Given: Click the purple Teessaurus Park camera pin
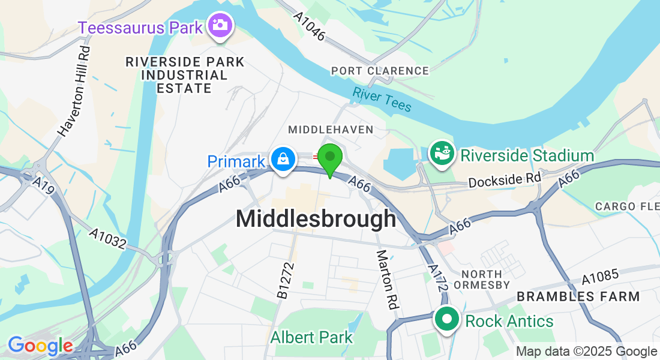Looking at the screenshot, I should click(x=220, y=25).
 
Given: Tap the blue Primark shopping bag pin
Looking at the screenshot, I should click(x=282, y=160).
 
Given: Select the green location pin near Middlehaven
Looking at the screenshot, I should click(x=329, y=158).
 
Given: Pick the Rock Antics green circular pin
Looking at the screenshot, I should click(x=447, y=320).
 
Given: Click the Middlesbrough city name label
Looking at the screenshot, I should click(x=316, y=218).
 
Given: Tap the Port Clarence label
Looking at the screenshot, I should click(x=380, y=71).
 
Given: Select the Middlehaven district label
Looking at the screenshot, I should click(x=331, y=130).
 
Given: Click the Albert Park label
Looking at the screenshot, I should click(x=311, y=337).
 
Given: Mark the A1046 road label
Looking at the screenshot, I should click(x=310, y=27).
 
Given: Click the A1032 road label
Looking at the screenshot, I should click(x=108, y=238).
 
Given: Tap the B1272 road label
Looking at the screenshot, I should click(x=286, y=280).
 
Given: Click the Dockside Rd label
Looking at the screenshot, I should click(x=505, y=179).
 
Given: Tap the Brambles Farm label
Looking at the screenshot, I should click(x=578, y=296).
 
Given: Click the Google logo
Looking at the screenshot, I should click(x=40, y=346).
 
